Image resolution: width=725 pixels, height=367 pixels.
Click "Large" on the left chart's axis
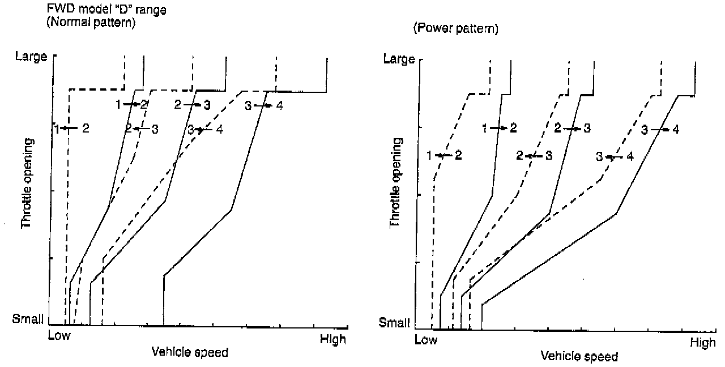tap(31, 57)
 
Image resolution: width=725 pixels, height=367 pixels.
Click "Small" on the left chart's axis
tap(28, 319)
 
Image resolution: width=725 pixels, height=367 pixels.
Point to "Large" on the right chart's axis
tap(399, 59)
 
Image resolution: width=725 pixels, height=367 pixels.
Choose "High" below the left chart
tap(332, 340)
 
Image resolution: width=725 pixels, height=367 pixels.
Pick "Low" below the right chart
tap(426, 340)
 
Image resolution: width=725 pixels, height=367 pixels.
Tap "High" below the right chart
tap(702, 343)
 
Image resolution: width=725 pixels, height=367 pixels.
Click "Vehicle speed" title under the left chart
tap(190, 352)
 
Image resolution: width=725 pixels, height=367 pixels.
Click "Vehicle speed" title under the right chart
tap(579, 357)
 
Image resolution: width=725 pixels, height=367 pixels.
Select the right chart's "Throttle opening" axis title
tap(396, 184)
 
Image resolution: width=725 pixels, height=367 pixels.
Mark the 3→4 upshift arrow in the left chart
tap(263, 105)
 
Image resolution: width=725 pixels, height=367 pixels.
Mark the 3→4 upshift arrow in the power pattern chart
tap(660, 130)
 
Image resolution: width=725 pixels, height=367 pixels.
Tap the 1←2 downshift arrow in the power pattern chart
tap(444, 155)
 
